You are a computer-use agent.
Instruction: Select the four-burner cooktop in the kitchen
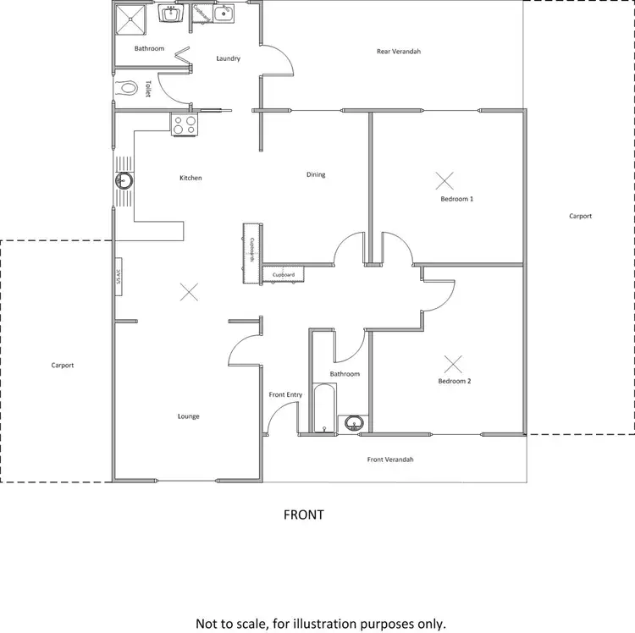click(186, 124)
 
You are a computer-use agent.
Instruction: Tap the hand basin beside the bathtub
click(355, 422)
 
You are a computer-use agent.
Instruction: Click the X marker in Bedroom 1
click(444, 179)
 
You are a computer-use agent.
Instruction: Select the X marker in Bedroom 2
click(454, 364)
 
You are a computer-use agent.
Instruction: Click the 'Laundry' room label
click(228, 59)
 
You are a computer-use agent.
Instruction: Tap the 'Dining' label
click(316, 175)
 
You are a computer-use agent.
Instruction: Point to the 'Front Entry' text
click(285, 395)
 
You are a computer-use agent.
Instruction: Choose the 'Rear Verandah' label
click(399, 52)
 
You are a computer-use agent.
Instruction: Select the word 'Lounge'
click(188, 416)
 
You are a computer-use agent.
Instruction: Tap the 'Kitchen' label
click(190, 179)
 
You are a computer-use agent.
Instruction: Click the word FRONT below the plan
click(304, 515)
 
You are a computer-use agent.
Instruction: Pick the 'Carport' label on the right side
click(580, 217)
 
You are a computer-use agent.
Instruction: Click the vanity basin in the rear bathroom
click(173, 14)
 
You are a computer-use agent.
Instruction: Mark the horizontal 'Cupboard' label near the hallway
click(284, 275)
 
